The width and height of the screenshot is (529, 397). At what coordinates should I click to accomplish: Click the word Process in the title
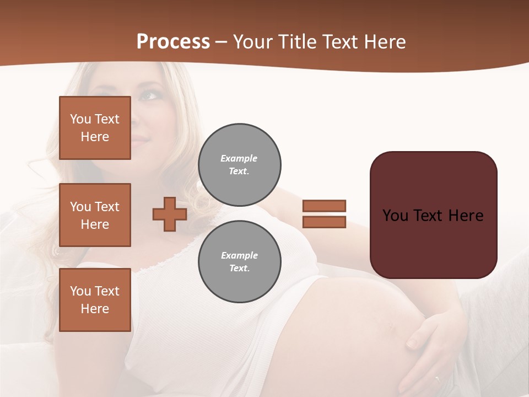pyautogui.click(x=173, y=42)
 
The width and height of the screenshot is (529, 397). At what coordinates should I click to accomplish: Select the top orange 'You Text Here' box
pyautogui.click(x=95, y=128)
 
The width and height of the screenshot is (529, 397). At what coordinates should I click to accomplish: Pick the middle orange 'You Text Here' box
pyautogui.click(x=95, y=215)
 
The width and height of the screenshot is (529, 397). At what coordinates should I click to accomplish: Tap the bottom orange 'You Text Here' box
pyautogui.click(x=95, y=300)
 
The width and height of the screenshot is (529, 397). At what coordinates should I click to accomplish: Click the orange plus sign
pyautogui.click(x=170, y=214)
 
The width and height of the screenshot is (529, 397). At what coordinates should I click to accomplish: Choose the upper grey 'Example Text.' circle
pyautogui.click(x=239, y=165)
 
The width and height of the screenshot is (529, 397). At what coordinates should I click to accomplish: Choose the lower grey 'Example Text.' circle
pyautogui.click(x=239, y=262)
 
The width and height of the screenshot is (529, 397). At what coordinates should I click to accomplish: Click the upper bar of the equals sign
pyautogui.click(x=324, y=206)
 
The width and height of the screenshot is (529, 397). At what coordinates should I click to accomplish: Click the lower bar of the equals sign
pyautogui.click(x=324, y=222)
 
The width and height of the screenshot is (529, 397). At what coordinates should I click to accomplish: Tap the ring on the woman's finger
pyautogui.click(x=437, y=379)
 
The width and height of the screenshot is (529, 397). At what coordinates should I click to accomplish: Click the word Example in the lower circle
pyautogui.click(x=239, y=255)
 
